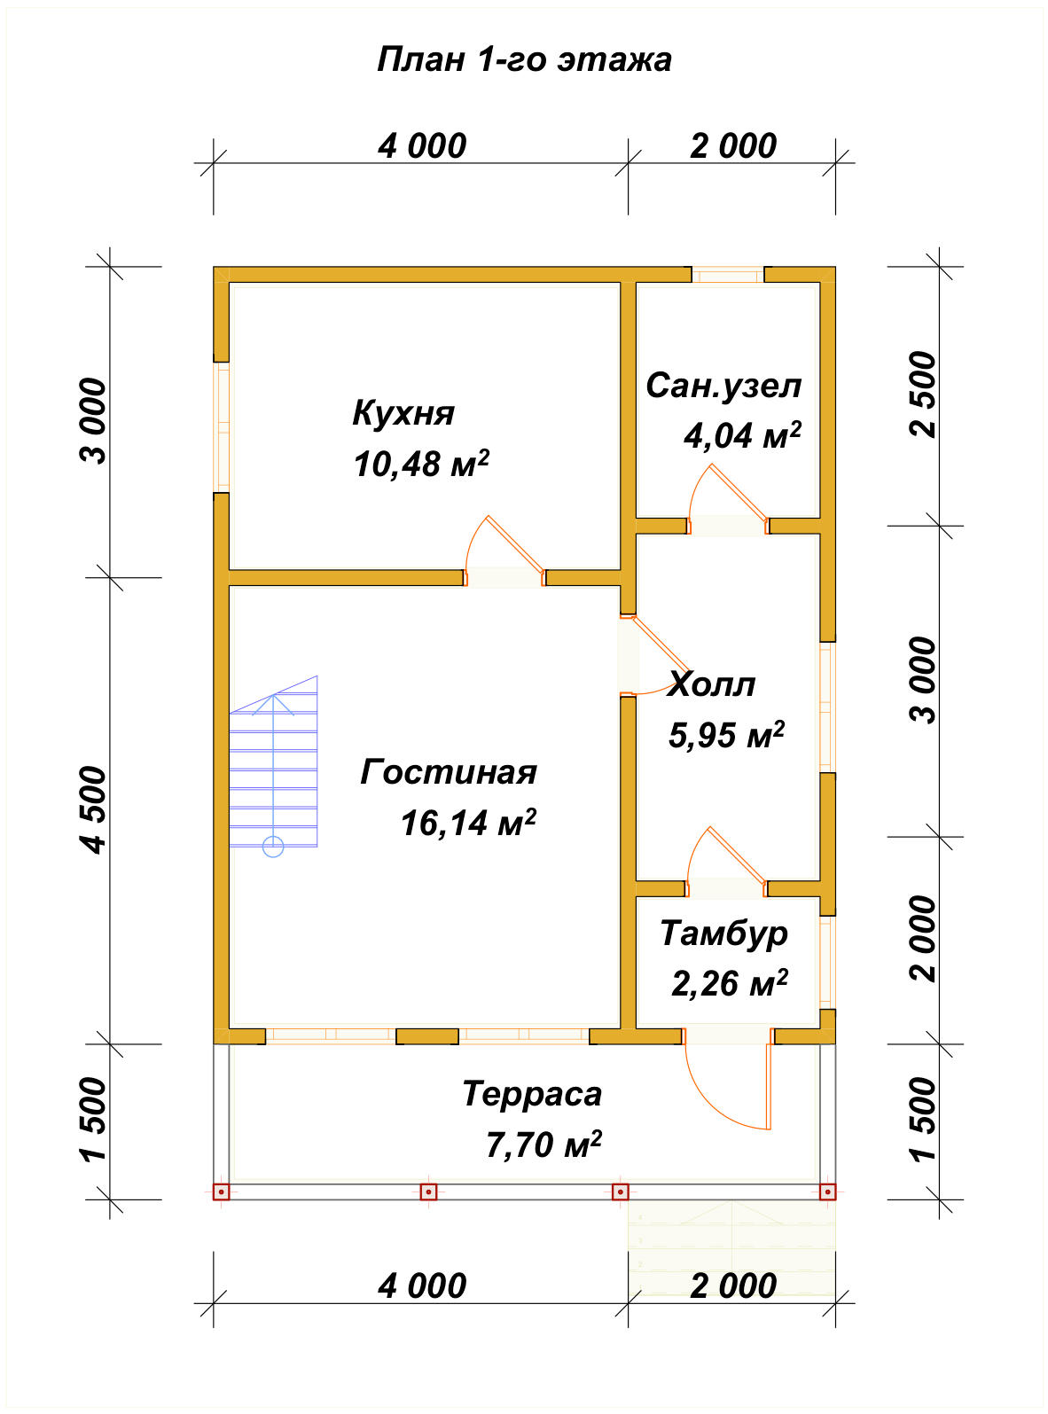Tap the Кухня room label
(x=403, y=413)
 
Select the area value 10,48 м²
(x=422, y=464)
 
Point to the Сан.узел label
(x=723, y=387)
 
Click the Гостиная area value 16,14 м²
(x=468, y=823)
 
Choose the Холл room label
(x=711, y=684)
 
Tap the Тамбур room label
(x=724, y=934)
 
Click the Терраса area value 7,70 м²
(x=544, y=1144)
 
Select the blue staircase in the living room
(x=273, y=762)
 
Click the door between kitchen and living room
(x=504, y=552)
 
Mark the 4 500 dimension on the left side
(x=94, y=809)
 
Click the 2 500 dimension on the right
(x=924, y=394)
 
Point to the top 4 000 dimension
(x=422, y=146)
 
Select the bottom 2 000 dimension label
(x=733, y=1285)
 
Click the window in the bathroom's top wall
(x=728, y=275)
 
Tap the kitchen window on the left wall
(x=222, y=427)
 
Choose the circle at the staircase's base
(x=273, y=847)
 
